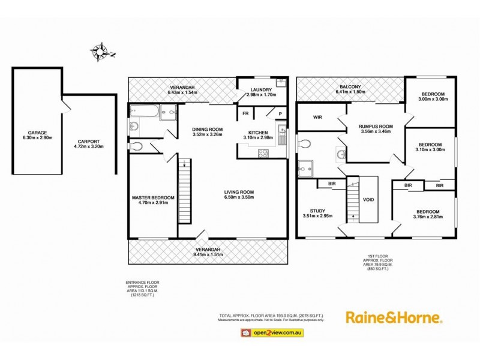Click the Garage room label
coord(37,133)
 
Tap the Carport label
coord(88,142)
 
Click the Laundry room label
coord(261,90)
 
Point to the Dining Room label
coord(207,130)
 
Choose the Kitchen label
coord(261,133)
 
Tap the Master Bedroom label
coord(154,198)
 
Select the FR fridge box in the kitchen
coord(245,113)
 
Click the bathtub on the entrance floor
coord(143,111)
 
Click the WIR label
coord(318,118)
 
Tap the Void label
coord(368,200)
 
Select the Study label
coord(317,211)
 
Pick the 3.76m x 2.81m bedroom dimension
coord(428,217)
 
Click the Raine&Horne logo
coord(393,317)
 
